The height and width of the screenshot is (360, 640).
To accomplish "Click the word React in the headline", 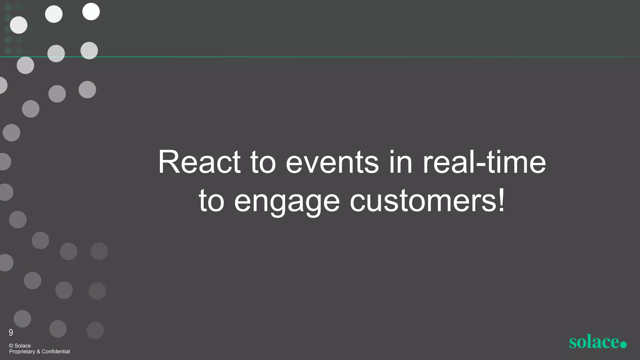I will (x=199, y=162).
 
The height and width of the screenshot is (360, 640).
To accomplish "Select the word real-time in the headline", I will (x=484, y=162).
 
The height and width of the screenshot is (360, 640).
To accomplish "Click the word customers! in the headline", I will (x=427, y=202).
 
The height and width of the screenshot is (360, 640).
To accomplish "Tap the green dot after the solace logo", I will (x=623, y=344).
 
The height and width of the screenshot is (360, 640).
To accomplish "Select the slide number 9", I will (x=11, y=332).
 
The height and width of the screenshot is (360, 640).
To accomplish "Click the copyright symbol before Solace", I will (x=11, y=346).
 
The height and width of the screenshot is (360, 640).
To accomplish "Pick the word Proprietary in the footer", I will (x=22, y=352).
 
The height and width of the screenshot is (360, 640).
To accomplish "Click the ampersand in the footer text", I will (x=38, y=352).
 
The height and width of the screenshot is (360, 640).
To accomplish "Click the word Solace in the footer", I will (x=23, y=346).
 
